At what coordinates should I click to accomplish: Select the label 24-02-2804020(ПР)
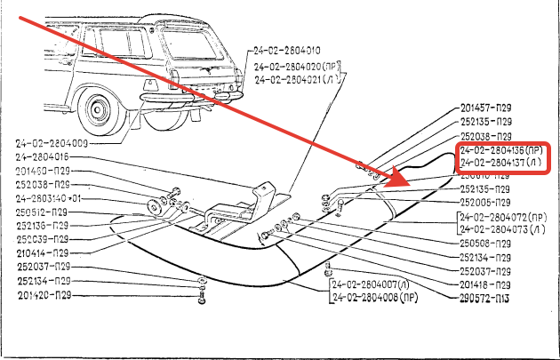[x=294, y=67]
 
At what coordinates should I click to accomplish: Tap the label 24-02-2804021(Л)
[x=293, y=80]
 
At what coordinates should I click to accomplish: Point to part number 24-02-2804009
[x=52, y=143]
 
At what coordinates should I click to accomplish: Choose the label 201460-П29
[x=43, y=171]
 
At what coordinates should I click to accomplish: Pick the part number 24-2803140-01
[x=48, y=198]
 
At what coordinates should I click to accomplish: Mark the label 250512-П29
[x=43, y=212]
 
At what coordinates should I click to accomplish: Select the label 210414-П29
[x=43, y=253]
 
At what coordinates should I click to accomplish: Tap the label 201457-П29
[x=486, y=108]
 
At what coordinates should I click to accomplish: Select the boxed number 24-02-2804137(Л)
[x=499, y=164]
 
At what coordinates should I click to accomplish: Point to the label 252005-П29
[x=486, y=202]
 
